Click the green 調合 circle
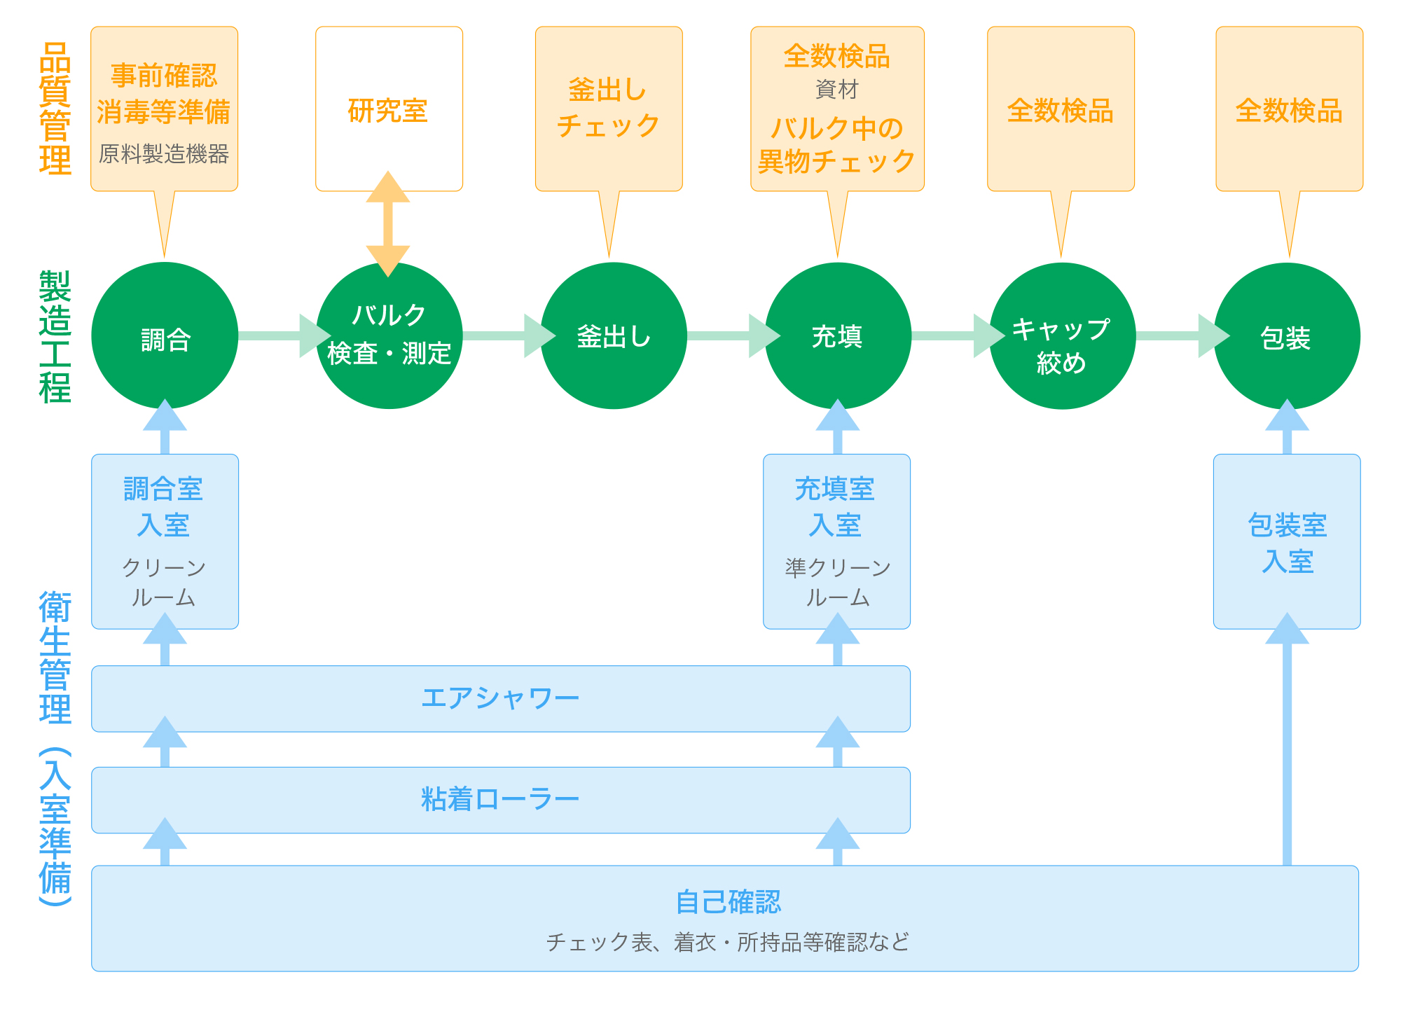[165, 335]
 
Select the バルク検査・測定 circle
[389, 335]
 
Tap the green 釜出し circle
[614, 335]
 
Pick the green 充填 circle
[838, 335]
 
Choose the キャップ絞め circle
[1063, 335]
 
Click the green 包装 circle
[1287, 335]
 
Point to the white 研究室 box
[389, 109]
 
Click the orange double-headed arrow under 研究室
[388, 224]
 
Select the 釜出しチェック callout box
[609, 109]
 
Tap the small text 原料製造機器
[164, 154]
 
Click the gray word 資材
[837, 90]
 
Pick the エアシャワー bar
[501, 699]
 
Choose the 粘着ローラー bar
[501, 800]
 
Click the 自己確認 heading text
[728, 902]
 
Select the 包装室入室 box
[1287, 541]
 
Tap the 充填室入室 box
[837, 541]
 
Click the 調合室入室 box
[165, 541]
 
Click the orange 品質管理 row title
[55, 109]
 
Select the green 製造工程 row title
[55, 337]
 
